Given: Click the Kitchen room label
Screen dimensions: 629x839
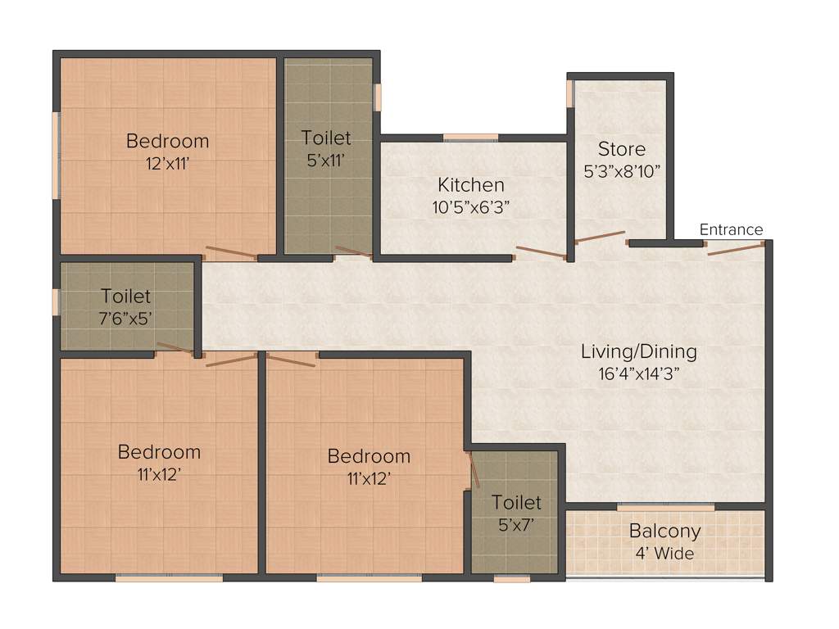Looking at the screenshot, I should click(x=470, y=184).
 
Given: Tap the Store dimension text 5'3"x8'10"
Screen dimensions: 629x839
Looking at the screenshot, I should click(x=622, y=172).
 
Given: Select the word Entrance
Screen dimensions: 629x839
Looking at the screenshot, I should click(x=731, y=229).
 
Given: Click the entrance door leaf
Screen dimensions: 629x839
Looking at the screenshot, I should click(x=735, y=248).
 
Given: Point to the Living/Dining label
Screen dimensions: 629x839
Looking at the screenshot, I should click(x=638, y=351).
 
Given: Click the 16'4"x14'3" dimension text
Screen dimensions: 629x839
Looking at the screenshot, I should click(x=638, y=373).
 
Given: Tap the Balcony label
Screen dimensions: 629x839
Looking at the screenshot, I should click(x=664, y=531).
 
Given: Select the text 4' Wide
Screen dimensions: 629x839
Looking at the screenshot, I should click(x=664, y=554).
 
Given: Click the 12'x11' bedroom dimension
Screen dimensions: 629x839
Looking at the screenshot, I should click(x=167, y=162).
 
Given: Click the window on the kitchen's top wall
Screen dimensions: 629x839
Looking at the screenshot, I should click(x=470, y=137).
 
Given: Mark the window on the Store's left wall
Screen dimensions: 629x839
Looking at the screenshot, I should click(x=569, y=93).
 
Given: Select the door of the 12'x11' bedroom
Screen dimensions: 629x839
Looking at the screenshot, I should click(x=230, y=252).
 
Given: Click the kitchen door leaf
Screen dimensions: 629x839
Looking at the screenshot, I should click(x=540, y=251).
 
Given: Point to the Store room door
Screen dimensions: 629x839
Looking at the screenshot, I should click(x=600, y=237).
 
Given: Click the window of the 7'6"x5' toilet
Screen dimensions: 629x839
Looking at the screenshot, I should click(x=56, y=301).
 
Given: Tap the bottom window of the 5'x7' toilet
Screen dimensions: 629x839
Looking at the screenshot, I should click(x=512, y=579).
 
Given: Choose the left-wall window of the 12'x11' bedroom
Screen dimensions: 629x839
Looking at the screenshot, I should click(x=56, y=155).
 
